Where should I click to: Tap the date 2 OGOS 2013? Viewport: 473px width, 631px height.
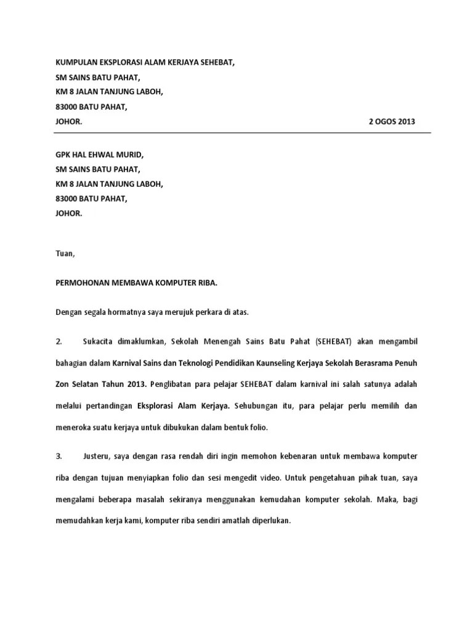pos(392,121)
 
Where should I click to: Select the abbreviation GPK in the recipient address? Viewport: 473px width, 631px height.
pos(63,155)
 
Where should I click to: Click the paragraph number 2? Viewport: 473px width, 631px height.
pos(59,341)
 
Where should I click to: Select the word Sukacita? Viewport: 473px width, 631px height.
pos(98,341)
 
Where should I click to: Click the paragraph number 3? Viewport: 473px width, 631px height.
pos(59,457)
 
